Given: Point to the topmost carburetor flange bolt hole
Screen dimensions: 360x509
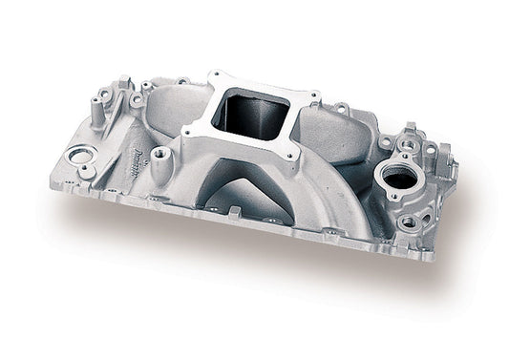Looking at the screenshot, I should coord(221,74).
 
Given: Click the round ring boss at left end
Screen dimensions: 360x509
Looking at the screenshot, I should coord(81,155).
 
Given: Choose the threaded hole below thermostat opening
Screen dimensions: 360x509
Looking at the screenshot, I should coord(410,221).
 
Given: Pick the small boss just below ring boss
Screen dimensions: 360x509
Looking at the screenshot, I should coord(86,171).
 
